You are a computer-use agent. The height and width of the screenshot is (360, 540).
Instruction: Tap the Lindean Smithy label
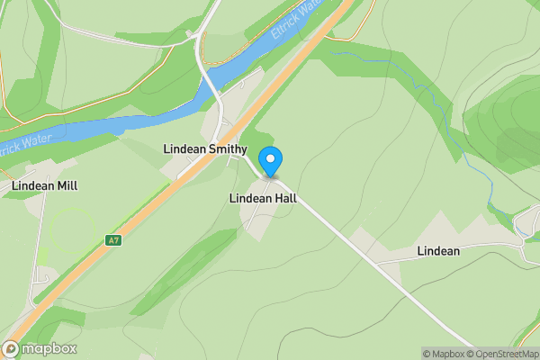[x=204, y=148]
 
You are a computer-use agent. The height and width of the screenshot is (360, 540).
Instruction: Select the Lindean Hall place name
[x=263, y=198]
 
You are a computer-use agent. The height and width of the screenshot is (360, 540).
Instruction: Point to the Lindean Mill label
[x=44, y=186]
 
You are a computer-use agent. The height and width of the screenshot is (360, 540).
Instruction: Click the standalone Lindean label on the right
[x=438, y=251]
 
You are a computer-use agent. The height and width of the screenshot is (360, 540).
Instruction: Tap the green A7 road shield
[x=112, y=240]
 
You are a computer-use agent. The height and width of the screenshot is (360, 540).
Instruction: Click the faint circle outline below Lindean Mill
[x=73, y=230]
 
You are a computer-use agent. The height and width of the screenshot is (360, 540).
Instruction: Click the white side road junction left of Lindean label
[x=375, y=262]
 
